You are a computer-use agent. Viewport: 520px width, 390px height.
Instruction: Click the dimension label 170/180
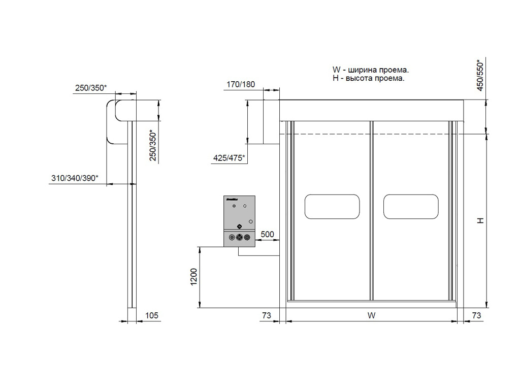coord(241,85)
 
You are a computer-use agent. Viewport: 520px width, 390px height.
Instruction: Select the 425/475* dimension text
coord(229,158)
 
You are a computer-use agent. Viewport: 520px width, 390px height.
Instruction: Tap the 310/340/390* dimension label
coord(75,178)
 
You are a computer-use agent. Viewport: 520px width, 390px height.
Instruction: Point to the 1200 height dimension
coord(193,277)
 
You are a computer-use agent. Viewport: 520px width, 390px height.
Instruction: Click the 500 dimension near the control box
coord(267,234)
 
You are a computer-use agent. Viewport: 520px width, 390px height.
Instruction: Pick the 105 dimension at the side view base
coord(152,315)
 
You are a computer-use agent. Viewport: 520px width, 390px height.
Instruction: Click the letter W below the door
coord(371,315)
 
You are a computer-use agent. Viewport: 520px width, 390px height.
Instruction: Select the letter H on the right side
coord(480,220)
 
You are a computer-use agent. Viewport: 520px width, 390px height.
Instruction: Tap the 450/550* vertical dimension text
coord(480,75)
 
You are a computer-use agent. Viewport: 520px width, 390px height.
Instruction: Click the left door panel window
coord(332,207)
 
